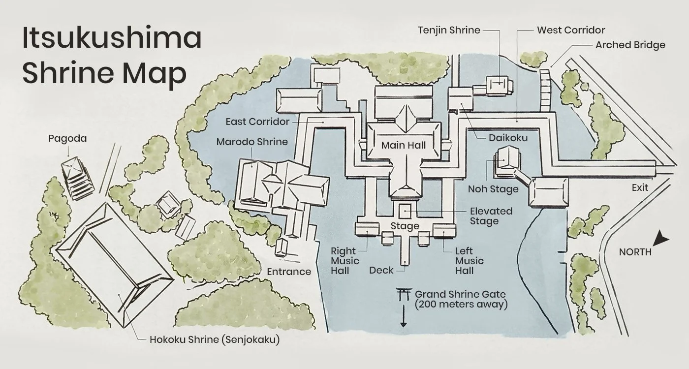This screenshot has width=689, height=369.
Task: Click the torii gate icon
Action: [404, 294]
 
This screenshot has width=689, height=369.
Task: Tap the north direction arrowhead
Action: [660, 239]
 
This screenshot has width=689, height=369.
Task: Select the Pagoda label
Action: [68, 138]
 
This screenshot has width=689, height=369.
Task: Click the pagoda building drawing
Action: [77, 178]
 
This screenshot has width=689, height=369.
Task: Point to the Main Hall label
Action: [404, 145]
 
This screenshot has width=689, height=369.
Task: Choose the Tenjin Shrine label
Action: [449, 30]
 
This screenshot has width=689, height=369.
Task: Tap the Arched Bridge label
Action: [630, 45]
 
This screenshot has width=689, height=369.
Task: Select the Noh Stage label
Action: [493, 189]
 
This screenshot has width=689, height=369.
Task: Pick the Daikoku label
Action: [508, 138]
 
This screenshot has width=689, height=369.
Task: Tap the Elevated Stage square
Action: [405, 212]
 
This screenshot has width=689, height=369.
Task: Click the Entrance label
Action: [289, 272]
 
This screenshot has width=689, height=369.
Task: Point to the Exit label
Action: [640, 187]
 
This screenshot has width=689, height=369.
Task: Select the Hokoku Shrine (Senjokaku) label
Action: [215, 339]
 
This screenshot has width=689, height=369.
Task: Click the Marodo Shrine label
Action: [252, 142]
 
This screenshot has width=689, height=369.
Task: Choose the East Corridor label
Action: [257, 122]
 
